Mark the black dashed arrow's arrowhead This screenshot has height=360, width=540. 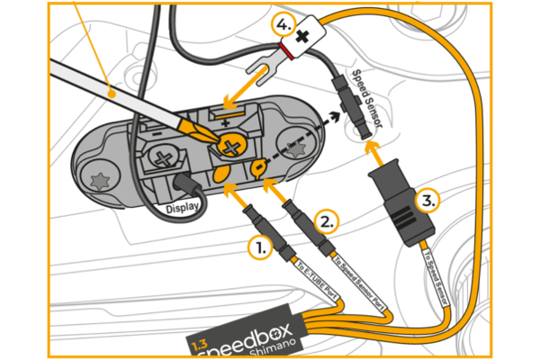[x=339, y=116]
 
